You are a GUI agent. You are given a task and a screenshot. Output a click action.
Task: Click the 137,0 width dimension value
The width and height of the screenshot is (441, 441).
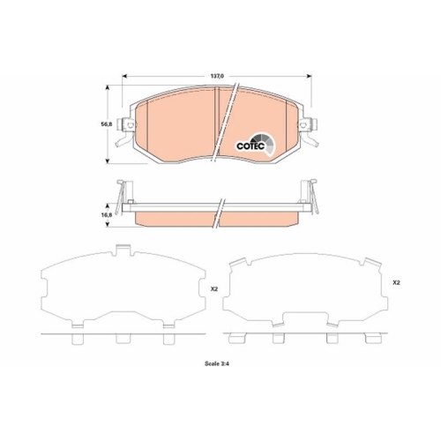[218, 77]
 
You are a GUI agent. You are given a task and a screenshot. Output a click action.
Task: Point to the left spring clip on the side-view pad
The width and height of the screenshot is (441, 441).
[120, 192]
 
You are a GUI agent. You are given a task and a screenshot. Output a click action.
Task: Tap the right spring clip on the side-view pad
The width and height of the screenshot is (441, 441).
[314, 192]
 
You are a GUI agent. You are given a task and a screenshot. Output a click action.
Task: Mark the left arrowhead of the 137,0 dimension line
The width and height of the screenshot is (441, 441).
[123, 77]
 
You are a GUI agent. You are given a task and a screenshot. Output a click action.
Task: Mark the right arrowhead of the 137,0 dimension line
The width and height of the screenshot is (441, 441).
[314, 77]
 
